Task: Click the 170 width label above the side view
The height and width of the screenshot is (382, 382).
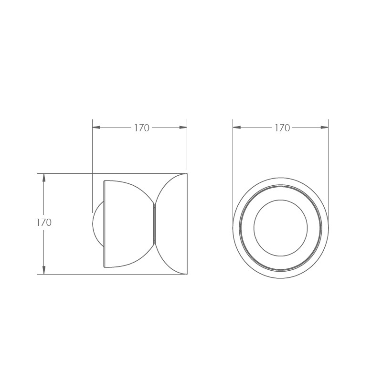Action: [x=142, y=128]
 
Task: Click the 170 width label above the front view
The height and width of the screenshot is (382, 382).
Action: [x=282, y=128]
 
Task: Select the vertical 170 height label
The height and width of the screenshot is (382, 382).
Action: [x=44, y=223]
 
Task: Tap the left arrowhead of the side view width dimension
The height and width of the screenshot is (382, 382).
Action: [x=96, y=127]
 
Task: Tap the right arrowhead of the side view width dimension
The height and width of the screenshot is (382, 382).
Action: [x=183, y=127]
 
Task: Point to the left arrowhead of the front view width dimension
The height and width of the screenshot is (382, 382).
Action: [x=237, y=127]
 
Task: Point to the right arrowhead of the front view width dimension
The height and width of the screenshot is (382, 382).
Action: [x=324, y=127]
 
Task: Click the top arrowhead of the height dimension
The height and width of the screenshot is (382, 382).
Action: [x=44, y=178]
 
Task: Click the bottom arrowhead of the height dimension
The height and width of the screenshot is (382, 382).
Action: [x=44, y=270]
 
